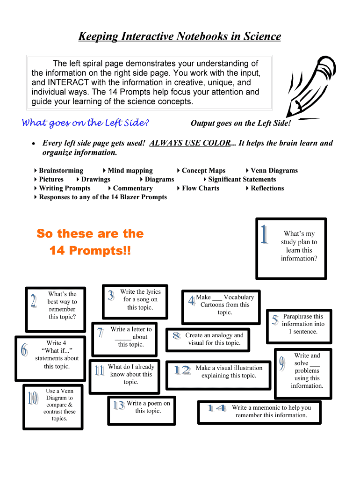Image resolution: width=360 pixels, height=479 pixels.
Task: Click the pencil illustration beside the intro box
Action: coord(309,87)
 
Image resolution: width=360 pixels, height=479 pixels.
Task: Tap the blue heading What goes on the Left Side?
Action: coord(86,123)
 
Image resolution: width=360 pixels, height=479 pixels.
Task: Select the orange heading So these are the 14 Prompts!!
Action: coord(90,242)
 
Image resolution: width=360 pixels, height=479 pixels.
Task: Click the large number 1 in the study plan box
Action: coord(265,234)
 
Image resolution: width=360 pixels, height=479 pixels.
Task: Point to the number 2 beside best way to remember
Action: coord(34,301)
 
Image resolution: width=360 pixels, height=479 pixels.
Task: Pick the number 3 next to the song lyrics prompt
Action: coord(111,296)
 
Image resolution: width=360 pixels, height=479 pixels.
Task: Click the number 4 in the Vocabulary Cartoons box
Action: coord(191,301)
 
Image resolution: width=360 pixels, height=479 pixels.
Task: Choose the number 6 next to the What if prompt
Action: coord(24,349)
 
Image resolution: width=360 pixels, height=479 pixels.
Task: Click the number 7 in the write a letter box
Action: coord(100,333)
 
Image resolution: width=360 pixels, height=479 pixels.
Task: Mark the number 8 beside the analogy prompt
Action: coord(176,335)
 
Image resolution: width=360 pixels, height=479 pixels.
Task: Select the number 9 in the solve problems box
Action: coord(282,363)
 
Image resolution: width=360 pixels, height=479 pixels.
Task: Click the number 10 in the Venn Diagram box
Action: coord(33,399)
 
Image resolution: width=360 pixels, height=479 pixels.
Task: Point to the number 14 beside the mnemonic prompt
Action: coord(216,408)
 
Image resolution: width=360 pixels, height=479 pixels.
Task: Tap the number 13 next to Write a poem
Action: coord(119,405)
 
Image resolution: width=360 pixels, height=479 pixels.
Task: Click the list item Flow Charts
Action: coord(200,188)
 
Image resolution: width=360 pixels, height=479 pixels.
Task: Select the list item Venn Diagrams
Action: coord(274,171)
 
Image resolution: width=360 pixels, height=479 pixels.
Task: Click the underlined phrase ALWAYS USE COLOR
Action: coord(189,143)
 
